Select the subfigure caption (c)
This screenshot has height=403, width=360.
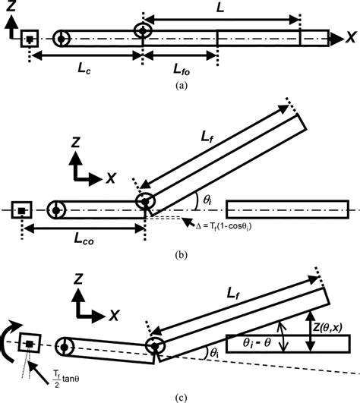pos(179,395)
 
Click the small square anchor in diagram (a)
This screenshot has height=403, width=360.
pos(29,36)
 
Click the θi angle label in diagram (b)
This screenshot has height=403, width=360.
pos(206,199)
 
